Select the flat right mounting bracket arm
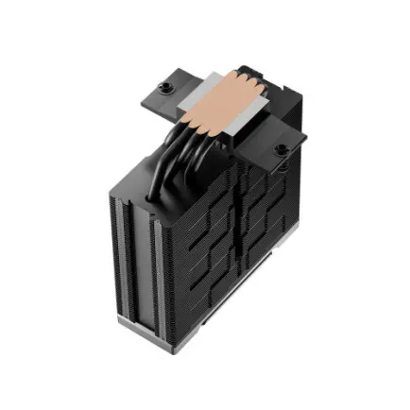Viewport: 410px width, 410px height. pos(283,142)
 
